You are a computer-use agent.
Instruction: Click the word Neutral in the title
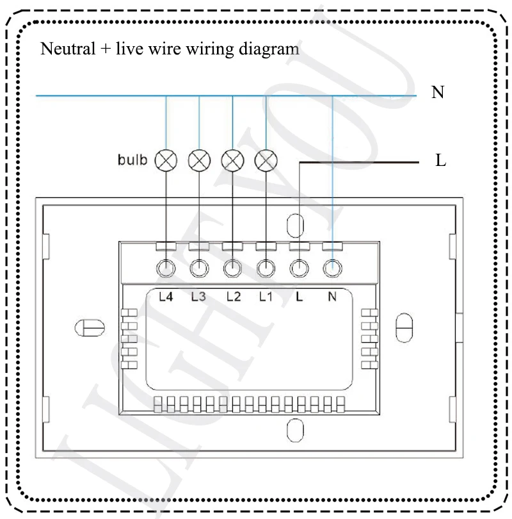pyautogui.click(x=63, y=49)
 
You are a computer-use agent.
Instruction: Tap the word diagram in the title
pyautogui.click(x=273, y=49)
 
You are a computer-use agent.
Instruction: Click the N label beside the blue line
pyautogui.click(x=438, y=93)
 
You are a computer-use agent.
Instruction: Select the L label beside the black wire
pyautogui.click(x=440, y=161)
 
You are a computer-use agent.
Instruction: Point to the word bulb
pyautogui.click(x=132, y=160)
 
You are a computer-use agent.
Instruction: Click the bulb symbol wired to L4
pyautogui.click(x=166, y=160)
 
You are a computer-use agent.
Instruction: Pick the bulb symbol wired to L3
pyautogui.click(x=199, y=160)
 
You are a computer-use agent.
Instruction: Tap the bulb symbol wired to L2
pyautogui.click(x=232, y=160)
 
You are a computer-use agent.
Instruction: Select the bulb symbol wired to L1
pyautogui.click(x=265, y=160)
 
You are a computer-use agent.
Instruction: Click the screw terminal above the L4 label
pyautogui.click(x=166, y=268)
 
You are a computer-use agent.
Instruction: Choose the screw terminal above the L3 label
pyautogui.click(x=199, y=268)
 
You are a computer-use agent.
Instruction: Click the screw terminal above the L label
pyautogui.click(x=298, y=268)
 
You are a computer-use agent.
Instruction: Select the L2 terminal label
pyautogui.click(x=233, y=297)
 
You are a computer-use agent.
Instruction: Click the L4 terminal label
pyautogui.click(x=166, y=297)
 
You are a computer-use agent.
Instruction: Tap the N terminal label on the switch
pyautogui.click(x=332, y=297)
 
